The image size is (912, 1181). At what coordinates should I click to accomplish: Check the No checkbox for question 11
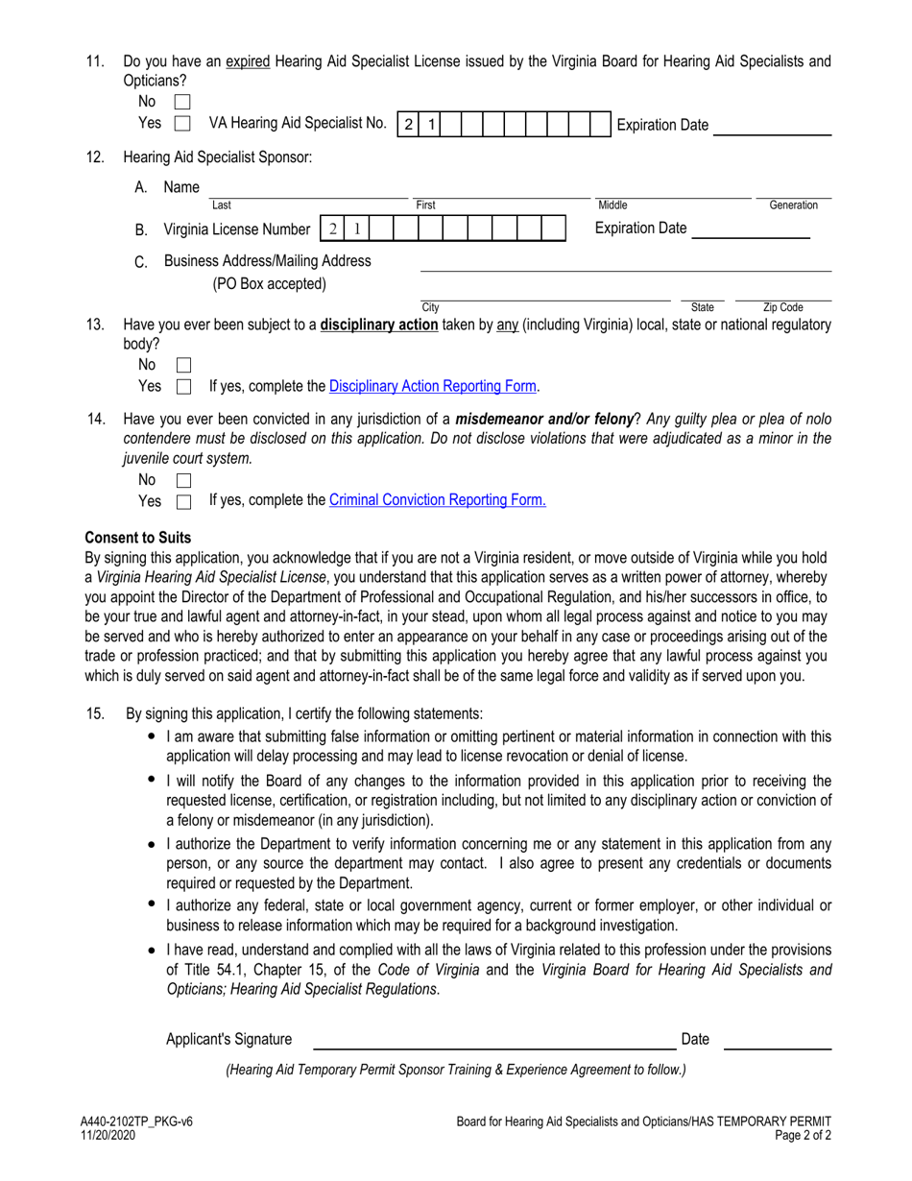point(183,102)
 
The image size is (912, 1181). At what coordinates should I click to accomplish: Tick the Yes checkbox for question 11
point(183,124)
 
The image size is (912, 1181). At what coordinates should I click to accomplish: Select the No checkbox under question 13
point(183,365)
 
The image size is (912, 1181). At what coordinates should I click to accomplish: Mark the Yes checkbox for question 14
point(183,501)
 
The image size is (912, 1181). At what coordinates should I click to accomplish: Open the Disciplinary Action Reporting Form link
point(432,386)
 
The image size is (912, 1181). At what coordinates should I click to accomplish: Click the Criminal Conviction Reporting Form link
point(438,500)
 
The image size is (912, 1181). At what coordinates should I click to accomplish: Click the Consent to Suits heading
point(138,538)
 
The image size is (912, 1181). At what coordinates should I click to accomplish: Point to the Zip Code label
point(783,307)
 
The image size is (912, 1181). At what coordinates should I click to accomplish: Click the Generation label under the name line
point(794,205)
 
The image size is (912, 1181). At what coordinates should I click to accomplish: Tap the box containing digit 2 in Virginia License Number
point(332,229)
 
